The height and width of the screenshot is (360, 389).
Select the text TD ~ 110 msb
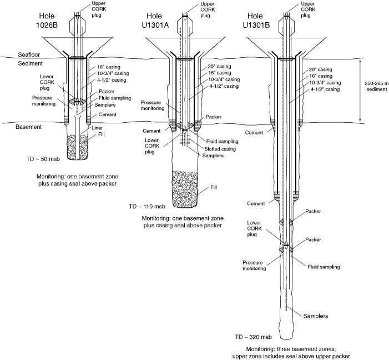point(148,206)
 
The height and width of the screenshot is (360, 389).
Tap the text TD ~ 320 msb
point(254,337)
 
